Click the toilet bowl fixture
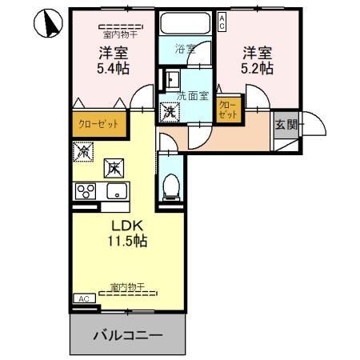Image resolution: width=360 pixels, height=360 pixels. point(170,187)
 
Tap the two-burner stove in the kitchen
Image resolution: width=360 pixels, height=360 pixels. point(86,191)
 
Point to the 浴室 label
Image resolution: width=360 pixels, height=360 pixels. point(186,49)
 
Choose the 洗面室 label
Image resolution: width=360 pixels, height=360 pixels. point(192,95)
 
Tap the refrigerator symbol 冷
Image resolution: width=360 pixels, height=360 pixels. point(82,150)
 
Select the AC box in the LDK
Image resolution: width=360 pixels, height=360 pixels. point(83,298)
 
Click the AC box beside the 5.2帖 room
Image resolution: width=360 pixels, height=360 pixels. point(222,22)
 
